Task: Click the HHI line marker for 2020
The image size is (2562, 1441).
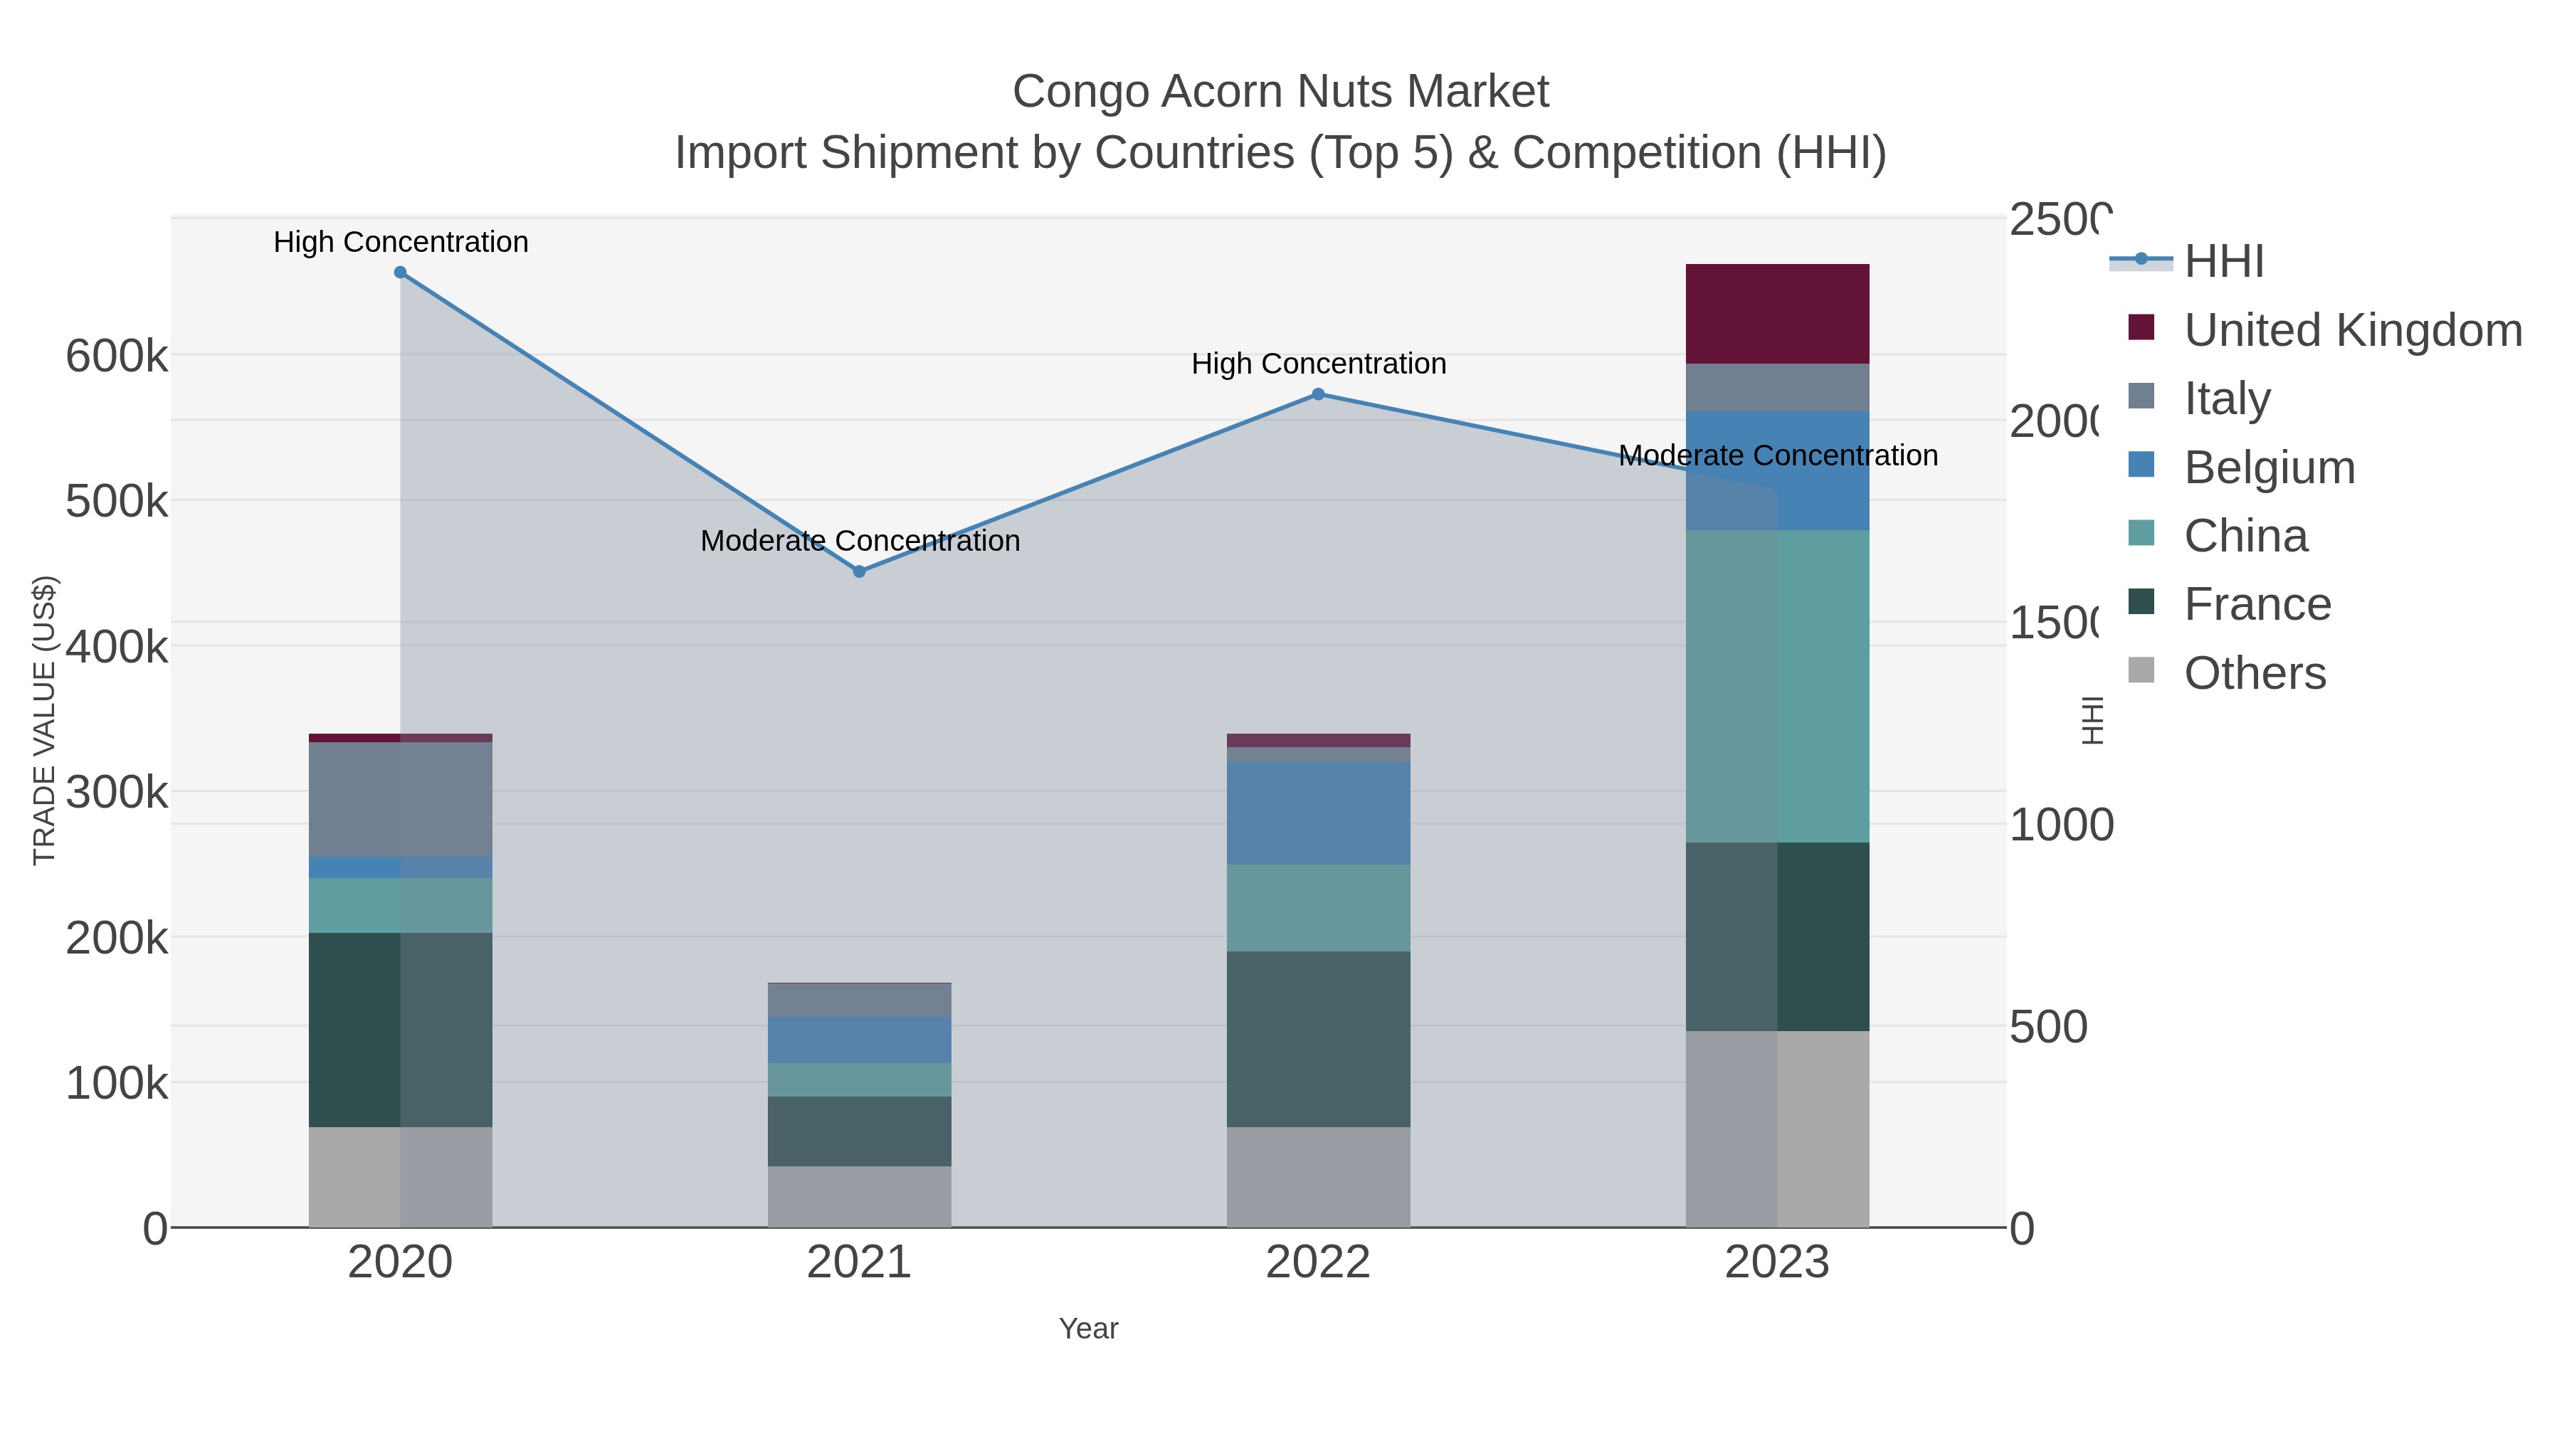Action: (x=400, y=273)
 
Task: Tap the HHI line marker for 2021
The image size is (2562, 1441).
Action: (x=859, y=572)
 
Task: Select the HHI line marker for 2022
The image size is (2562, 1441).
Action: (x=1318, y=395)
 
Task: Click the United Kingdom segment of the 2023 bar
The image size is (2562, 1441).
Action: (x=1776, y=315)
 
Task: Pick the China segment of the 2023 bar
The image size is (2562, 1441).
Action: (x=1776, y=686)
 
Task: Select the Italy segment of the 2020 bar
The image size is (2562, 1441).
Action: (x=400, y=800)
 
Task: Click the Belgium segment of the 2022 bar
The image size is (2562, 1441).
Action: (x=1318, y=813)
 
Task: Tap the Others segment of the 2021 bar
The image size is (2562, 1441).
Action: (x=859, y=1196)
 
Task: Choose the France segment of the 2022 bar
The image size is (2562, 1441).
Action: (x=1318, y=1039)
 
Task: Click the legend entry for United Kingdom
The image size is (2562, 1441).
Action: (x=2352, y=330)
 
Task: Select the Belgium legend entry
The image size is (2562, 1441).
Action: (x=2269, y=468)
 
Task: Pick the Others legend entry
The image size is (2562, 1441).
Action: (x=2254, y=673)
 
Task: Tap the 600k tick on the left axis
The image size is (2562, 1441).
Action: (x=117, y=356)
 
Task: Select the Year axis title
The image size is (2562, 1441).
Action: (x=1088, y=1329)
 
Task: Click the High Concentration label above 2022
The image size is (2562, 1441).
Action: (x=1318, y=364)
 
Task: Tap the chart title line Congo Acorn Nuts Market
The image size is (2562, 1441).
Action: (x=1280, y=92)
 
